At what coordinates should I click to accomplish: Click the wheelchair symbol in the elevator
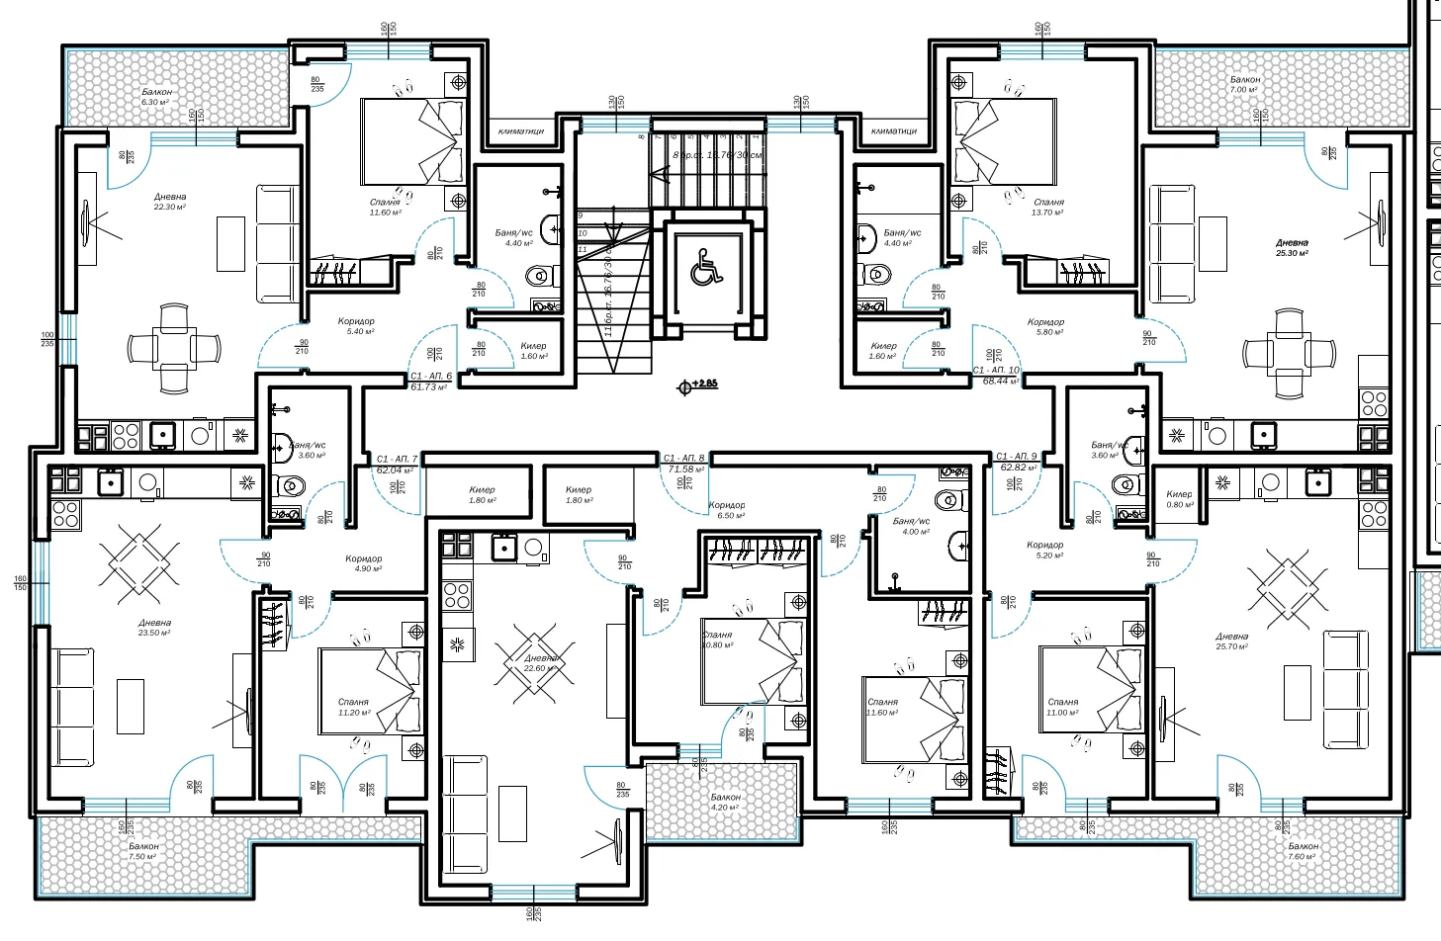pos(706,267)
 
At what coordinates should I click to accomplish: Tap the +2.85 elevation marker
pos(697,385)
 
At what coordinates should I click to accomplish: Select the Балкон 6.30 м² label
pos(156,97)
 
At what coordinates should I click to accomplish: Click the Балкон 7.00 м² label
pos(1244,84)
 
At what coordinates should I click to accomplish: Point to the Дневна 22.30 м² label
pos(169,202)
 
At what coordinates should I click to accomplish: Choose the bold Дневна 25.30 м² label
pos(1292,247)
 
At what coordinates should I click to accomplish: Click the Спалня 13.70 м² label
pos(1047,207)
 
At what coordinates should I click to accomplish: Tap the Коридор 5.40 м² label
pos(356,326)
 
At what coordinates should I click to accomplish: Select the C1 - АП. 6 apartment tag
pos(430,382)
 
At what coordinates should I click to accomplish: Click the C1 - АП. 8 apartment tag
pos(684,464)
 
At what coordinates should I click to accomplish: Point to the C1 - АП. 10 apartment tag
pos(996,376)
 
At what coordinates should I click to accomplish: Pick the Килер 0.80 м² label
pos(1179,499)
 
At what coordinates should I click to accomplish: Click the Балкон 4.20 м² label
pos(725,802)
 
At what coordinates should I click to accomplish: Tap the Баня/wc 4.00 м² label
pos(911,526)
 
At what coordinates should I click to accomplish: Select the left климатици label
pos(520,130)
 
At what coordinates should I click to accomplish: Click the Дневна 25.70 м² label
pos(1231,642)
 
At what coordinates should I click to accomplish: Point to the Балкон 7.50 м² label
pos(143,851)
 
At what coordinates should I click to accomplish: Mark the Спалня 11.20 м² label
pos(353,707)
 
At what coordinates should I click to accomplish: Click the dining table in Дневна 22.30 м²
pos(174,349)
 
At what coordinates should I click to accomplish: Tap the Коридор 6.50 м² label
pos(727,510)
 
